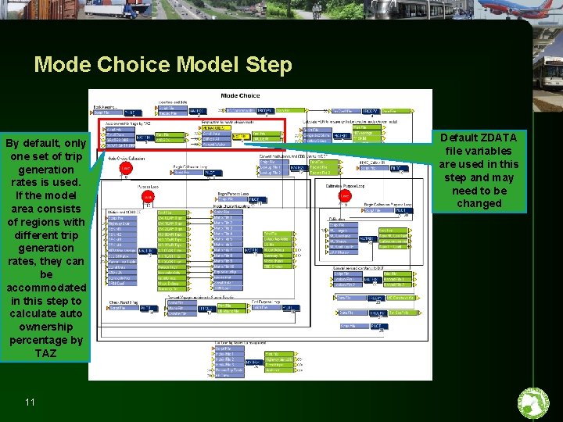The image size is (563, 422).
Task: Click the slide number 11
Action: pyautogui.click(x=30, y=402)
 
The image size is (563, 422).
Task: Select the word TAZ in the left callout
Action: pyautogui.click(x=46, y=353)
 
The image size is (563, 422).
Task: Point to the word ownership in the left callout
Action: pyautogui.click(x=46, y=327)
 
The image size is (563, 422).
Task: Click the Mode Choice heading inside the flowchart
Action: pyautogui.click(x=240, y=95)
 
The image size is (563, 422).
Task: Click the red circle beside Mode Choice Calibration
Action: pyautogui.click(x=126, y=168)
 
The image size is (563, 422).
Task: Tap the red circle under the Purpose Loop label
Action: pyautogui.click(x=148, y=197)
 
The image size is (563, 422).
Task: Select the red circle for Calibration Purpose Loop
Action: pyautogui.click(x=346, y=195)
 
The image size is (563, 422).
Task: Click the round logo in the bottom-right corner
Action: pyautogui.click(x=534, y=403)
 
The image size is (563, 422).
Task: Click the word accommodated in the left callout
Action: pyautogui.click(x=46, y=288)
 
